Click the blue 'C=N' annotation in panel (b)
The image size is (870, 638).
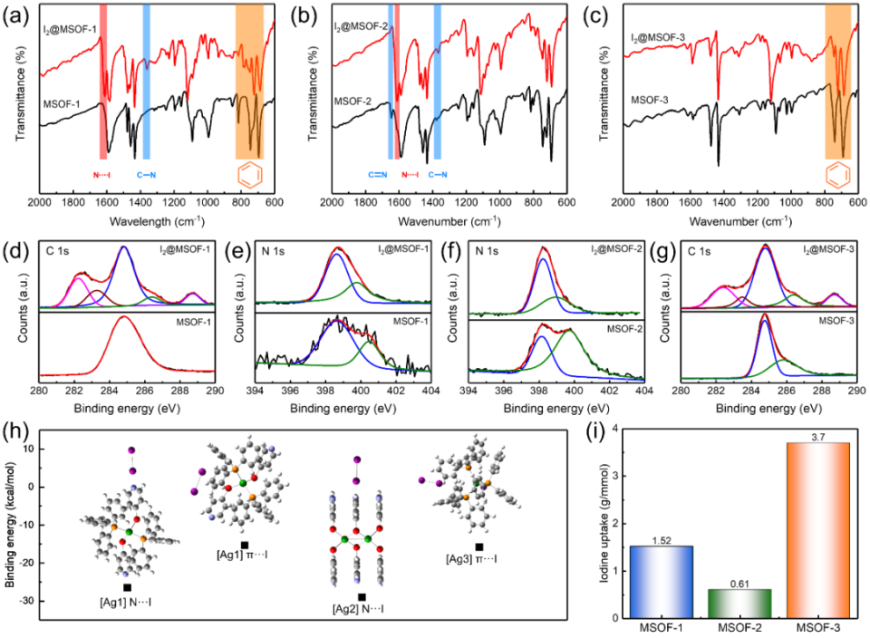370,173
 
